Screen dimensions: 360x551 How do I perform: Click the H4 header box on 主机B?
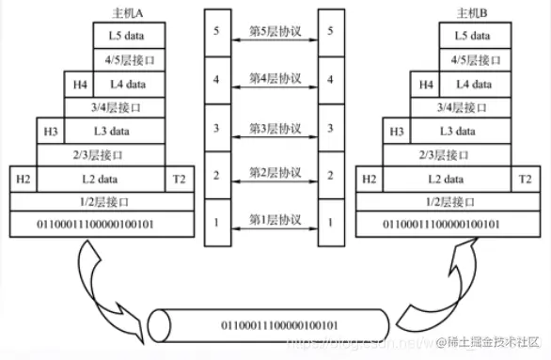pyautogui.click(x=427, y=84)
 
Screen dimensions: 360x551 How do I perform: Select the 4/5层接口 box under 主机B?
pyautogui.click(x=473, y=59)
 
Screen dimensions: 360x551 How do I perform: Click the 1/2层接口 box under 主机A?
pyautogui.click(x=102, y=200)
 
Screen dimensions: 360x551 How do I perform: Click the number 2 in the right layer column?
pyautogui.click(x=330, y=175)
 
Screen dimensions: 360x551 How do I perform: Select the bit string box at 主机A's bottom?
pyautogui.click(x=102, y=224)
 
